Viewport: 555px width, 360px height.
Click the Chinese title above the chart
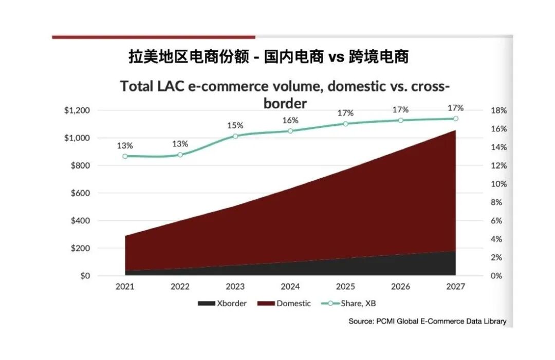point(268,56)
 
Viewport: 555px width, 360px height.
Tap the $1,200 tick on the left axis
point(77,110)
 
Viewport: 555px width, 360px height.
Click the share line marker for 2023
point(235,136)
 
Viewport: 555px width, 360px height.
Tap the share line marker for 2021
point(125,156)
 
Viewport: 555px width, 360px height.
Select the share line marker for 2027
point(455,119)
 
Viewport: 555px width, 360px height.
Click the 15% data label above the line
point(235,125)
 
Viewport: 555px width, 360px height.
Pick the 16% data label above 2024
point(290,120)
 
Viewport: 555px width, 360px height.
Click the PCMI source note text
point(427,321)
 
